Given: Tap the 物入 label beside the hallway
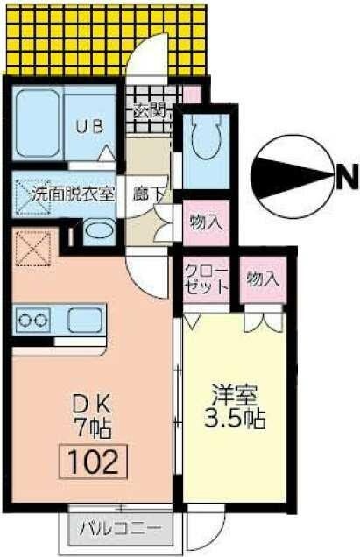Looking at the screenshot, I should click(207, 222).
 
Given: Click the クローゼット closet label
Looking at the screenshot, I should click(207, 279).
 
